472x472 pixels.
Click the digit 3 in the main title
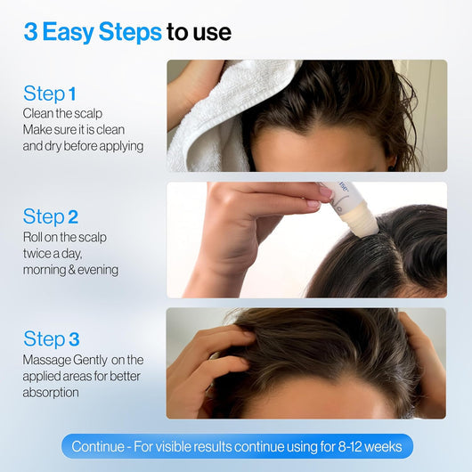tap(30, 33)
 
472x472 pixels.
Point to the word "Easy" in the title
tap(69, 33)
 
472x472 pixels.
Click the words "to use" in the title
tap(199, 33)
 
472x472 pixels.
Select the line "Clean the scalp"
tap(61, 113)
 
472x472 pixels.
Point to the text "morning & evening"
tap(70, 269)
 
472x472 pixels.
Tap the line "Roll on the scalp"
tap(66, 237)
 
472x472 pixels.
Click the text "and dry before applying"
tap(83, 146)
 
